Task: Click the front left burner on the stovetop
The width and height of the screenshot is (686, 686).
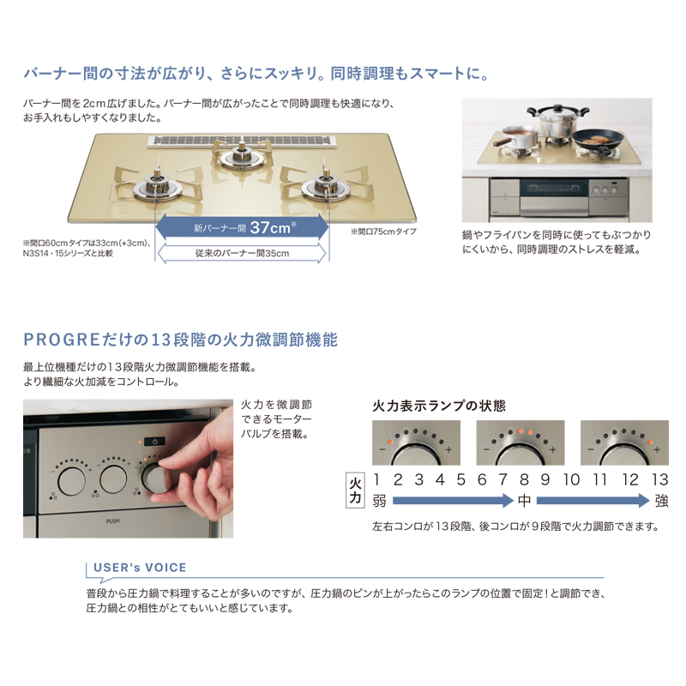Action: (x=156, y=187)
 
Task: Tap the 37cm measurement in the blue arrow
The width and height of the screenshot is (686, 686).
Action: (x=270, y=227)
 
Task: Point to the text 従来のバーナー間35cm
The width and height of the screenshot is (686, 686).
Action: (x=242, y=253)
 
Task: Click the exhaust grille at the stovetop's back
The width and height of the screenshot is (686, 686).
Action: (x=242, y=141)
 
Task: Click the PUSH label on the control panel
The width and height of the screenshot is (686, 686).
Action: (x=113, y=521)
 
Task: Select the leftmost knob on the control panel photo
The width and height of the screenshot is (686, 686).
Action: (x=71, y=481)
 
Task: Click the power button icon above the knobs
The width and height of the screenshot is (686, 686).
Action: (x=155, y=441)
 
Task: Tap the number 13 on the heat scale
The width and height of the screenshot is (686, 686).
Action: (x=659, y=479)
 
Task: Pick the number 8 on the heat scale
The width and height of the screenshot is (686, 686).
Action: (x=524, y=479)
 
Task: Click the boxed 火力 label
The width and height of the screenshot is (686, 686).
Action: (x=355, y=490)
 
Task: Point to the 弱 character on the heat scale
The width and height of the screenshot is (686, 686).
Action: (x=379, y=501)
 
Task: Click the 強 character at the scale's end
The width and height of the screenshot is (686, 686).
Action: (x=661, y=501)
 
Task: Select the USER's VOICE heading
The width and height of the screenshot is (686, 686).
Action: (x=140, y=568)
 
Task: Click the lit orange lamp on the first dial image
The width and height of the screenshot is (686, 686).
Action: (x=388, y=442)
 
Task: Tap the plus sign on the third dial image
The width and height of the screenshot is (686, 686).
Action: (x=657, y=449)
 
